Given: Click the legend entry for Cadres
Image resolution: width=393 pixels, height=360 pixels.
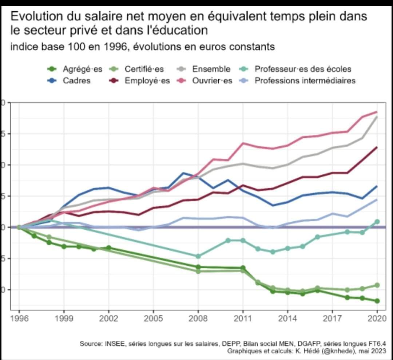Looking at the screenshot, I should (76, 80).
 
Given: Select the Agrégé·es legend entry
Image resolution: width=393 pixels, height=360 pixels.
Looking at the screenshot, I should (82, 69).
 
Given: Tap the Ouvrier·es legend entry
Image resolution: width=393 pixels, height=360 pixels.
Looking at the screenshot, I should (212, 80).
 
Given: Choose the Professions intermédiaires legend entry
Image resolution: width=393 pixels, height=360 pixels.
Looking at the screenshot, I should (305, 80).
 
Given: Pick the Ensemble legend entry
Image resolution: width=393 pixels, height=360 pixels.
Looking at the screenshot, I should (211, 69).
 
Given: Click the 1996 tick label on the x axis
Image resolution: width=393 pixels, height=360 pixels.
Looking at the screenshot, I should (19, 319).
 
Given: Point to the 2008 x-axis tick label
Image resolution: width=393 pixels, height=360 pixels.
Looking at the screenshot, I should (198, 319).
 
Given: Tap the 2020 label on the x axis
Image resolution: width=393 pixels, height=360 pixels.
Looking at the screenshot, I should (377, 319).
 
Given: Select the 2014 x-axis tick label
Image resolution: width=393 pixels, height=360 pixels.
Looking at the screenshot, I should (287, 319).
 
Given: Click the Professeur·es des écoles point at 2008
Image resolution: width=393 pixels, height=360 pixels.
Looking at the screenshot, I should (198, 256).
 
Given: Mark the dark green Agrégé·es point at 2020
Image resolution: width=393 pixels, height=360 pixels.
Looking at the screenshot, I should (377, 301).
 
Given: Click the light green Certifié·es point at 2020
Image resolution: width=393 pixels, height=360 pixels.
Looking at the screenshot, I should (377, 285).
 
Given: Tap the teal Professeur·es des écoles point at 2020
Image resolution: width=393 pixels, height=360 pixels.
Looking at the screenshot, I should (377, 221).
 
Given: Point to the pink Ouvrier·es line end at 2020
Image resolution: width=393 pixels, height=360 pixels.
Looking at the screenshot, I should (377, 112).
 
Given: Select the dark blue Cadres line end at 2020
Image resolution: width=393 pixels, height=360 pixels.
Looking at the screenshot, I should (377, 186).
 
